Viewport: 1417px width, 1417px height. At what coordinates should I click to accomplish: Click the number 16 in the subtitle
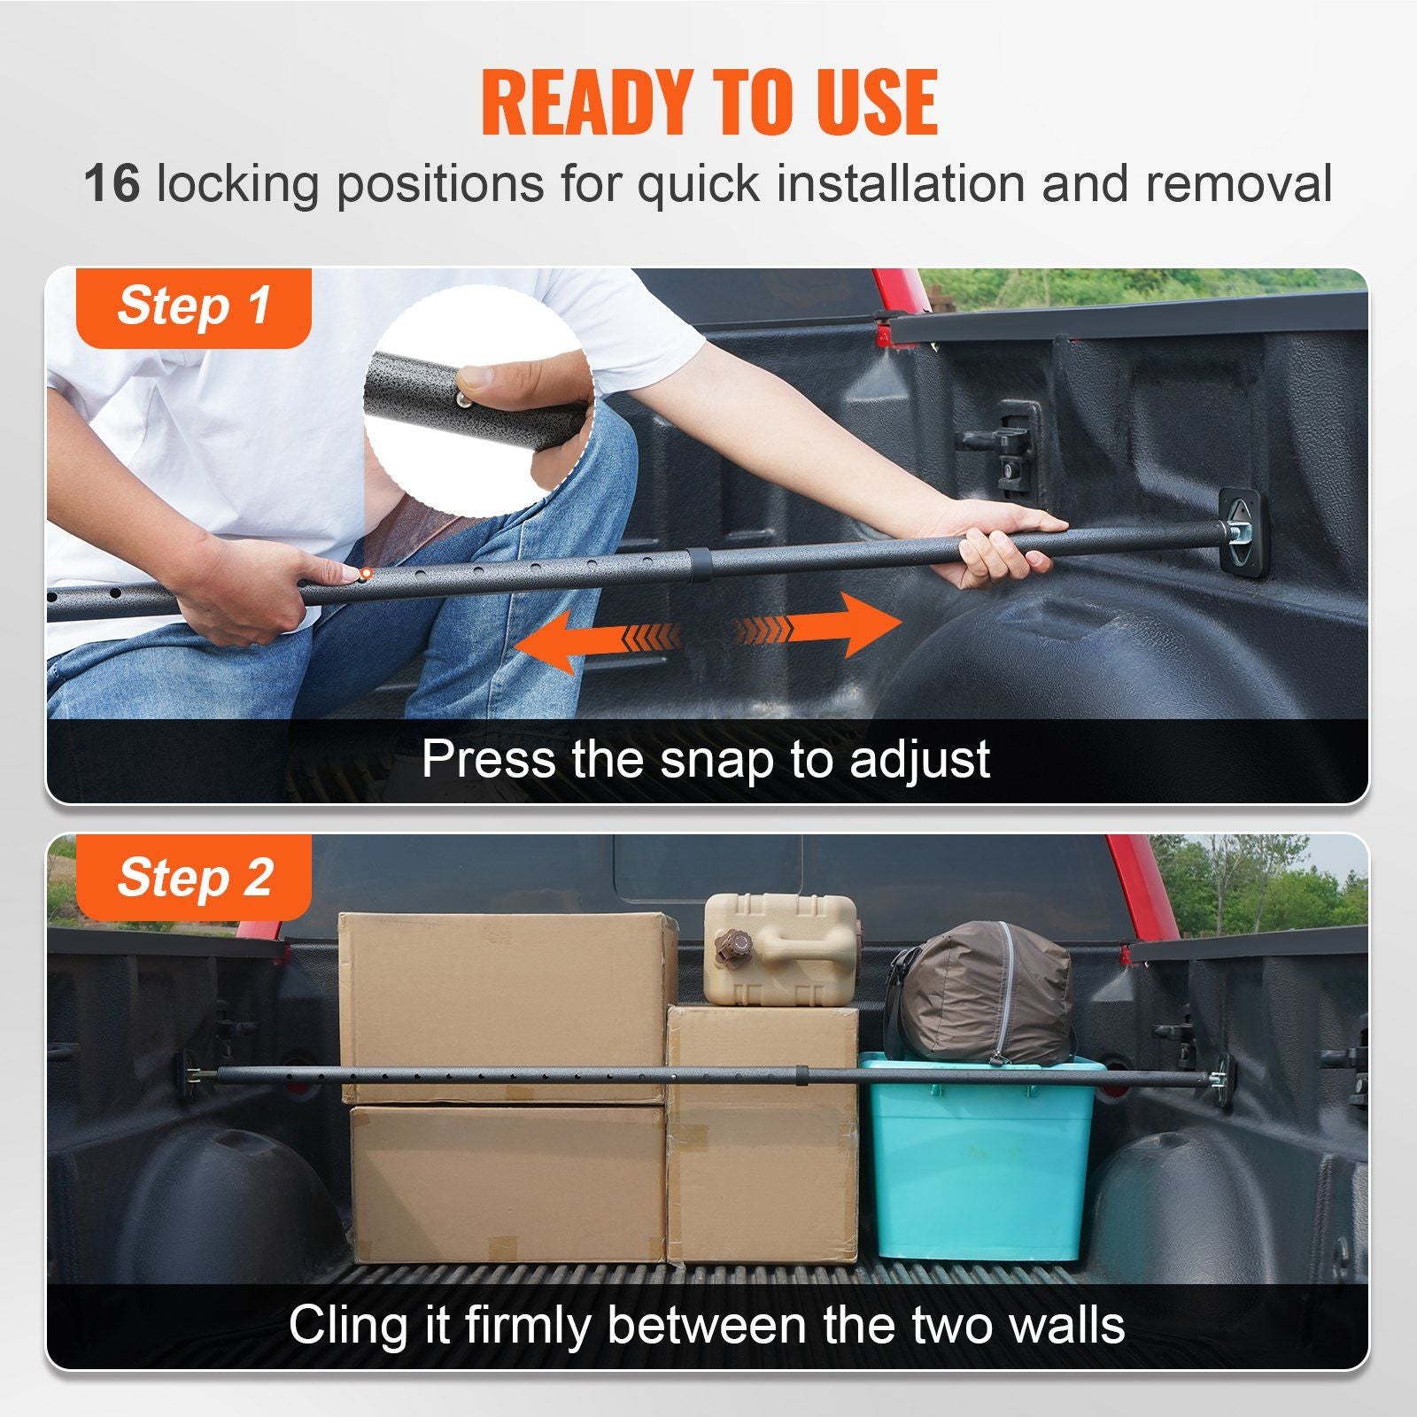pos(112,183)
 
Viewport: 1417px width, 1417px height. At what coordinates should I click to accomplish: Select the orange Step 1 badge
pos(194,306)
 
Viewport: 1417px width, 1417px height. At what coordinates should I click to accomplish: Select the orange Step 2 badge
pos(194,878)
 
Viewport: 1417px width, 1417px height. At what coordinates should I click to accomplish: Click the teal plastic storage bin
pos(979,1160)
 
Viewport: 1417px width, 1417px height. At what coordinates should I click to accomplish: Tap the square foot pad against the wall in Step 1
pos(1244,531)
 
